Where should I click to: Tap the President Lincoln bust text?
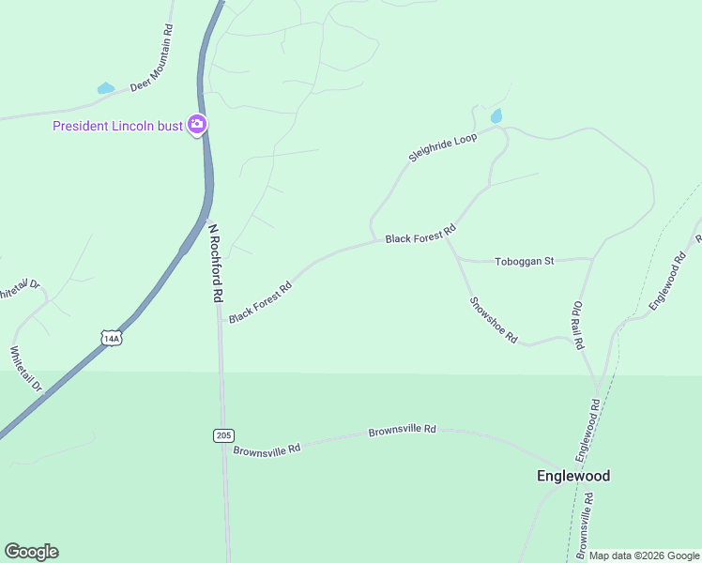pyautogui.click(x=117, y=126)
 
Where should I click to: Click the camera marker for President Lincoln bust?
pyautogui.click(x=197, y=124)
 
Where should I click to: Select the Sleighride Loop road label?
pyautogui.click(x=443, y=147)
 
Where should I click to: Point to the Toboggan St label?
pyautogui.click(x=526, y=262)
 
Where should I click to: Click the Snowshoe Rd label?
pyautogui.click(x=494, y=321)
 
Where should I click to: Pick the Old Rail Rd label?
pyautogui.click(x=578, y=325)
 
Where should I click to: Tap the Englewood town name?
pyautogui.click(x=573, y=476)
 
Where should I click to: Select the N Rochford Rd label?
pyautogui.click(x=215, y=262)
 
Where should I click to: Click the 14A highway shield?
pyautogui.click(x=112, y=338)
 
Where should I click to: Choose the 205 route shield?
pyautogui.click(x=222, y=435)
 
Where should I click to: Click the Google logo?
pyautogui.click(x=31, y=552)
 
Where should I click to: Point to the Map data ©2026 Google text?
pyautogui.click(x=644, y=555)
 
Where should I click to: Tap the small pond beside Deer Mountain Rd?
pyautogui.click(x=106, y=89)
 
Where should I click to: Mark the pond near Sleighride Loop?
pyautogui.click(x=496, y=116)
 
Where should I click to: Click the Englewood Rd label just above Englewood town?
pyautogui.click(x=588, y=430)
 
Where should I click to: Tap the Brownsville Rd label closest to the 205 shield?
pyautogui.click(x=267, y=449)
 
